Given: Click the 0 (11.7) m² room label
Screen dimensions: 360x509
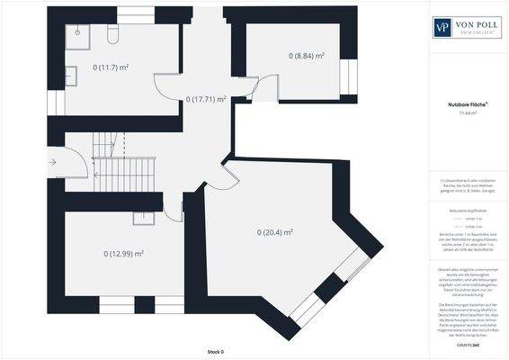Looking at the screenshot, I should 111,67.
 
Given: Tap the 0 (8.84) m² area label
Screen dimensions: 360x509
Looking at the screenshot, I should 306,56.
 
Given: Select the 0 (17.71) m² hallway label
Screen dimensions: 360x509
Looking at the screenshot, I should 206,99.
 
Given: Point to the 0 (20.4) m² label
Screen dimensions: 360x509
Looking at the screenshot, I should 275,232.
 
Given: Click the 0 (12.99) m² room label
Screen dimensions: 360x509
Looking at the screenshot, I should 123,254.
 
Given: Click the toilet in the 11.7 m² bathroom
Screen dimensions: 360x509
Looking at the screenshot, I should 112,34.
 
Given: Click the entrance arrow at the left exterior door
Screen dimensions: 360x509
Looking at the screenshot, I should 54,162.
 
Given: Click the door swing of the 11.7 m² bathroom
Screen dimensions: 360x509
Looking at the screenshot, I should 169,88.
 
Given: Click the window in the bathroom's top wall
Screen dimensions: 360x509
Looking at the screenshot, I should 136,14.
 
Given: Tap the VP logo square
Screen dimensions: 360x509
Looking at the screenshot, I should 442,27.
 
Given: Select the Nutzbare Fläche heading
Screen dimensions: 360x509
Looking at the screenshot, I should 468,104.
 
